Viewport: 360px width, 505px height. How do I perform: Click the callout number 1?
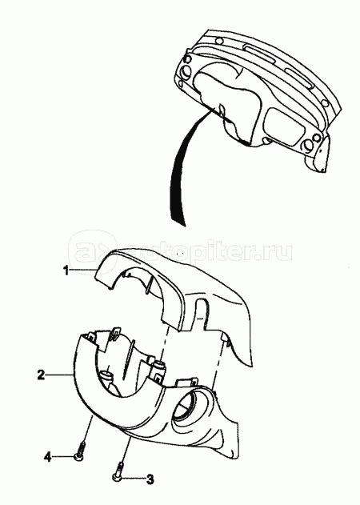point(66,271)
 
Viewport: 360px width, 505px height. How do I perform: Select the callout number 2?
point(41,375)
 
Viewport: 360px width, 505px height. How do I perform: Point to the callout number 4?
point(48,457)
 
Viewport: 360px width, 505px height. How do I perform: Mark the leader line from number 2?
point(59,375)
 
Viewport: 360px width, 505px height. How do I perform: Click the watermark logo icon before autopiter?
point(93,252)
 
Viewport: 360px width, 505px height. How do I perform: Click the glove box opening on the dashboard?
point(286,125)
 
